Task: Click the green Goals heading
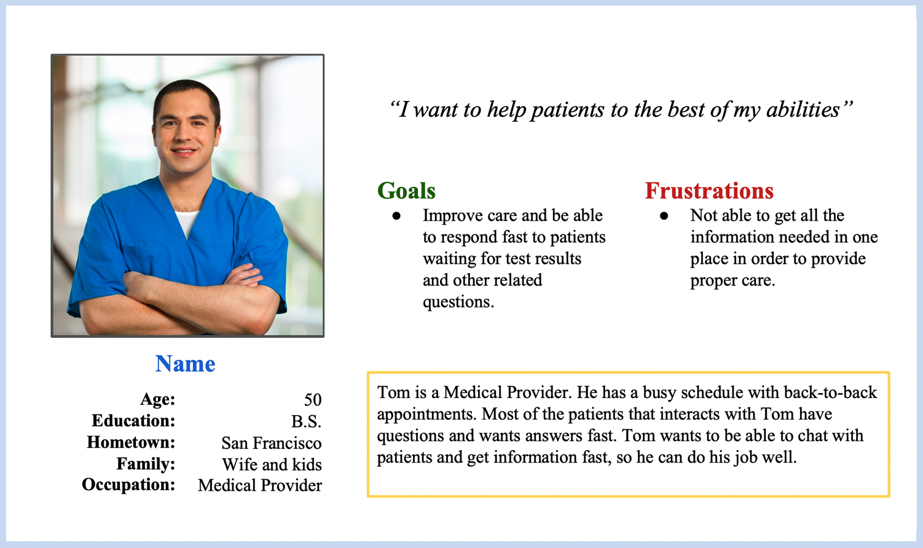coord(406,191)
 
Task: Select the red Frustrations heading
coord(709,191)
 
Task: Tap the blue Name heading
coord(185,363)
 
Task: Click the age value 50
coord(313,400)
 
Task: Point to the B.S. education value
coord(306,421)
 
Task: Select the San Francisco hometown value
coord(272,443)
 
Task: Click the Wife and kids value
coord(272,464)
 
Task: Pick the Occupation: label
coord(128,485)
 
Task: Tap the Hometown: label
coord(131,442)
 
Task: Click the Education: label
coord(133,421)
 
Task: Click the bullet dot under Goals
coord(396,216)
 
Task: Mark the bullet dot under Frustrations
coord(664,216)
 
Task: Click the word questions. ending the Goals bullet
coord(458,302)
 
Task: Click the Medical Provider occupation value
coord(259,485)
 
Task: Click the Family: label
coord(146,464)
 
